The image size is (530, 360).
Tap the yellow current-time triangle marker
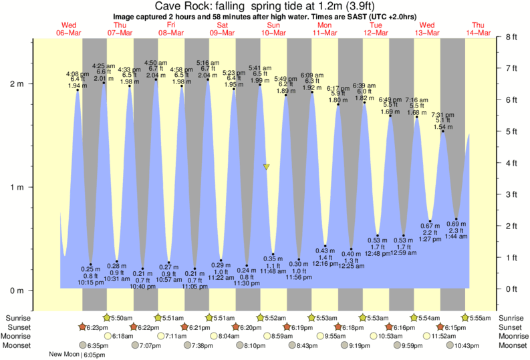[x=266, y=166]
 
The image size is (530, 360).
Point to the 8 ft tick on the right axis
[x=512, y=37]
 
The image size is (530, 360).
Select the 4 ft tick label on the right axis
[x=512, y=163]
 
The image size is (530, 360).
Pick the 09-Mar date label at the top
[x=223, y=33]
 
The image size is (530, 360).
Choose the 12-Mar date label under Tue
[x=376, y=33]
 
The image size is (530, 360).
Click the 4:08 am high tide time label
[x=78, y=74]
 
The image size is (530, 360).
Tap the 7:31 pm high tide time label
[x=442, y=115]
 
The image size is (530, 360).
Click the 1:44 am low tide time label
[x=456, y=237]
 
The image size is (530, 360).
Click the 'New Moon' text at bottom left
[x=65, y=355]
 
